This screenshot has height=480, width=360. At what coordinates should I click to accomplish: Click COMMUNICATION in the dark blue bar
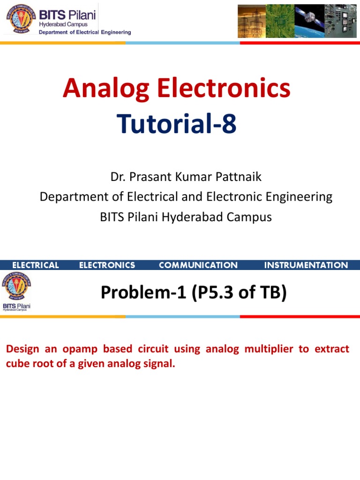198,265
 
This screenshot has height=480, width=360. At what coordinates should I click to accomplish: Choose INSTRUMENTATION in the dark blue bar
306,265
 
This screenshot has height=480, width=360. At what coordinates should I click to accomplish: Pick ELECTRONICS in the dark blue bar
107,265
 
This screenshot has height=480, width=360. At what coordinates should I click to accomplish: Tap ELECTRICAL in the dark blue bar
36,265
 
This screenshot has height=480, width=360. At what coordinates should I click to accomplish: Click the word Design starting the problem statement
22,349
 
